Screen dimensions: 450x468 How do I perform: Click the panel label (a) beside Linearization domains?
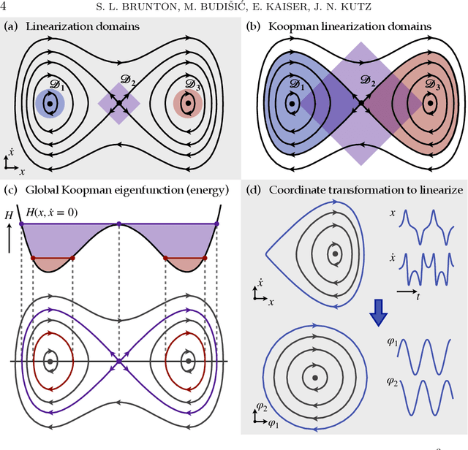(x=11, y=27)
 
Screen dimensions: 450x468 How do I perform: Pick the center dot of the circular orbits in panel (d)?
(x=314, y=377)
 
